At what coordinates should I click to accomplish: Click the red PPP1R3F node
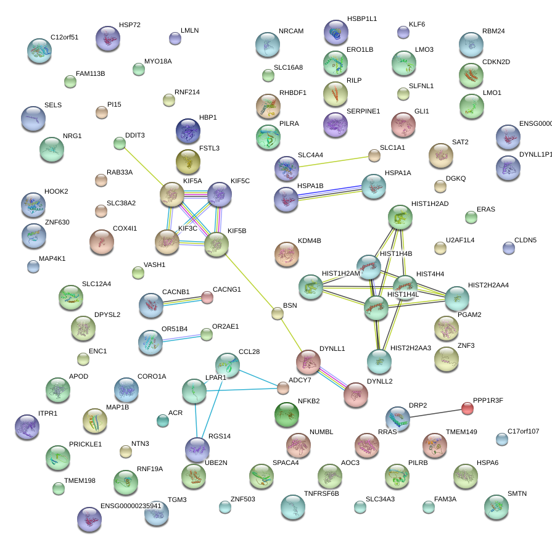(468, 408)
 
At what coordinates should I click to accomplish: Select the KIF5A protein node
(173, 194)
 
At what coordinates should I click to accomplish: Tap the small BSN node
(278, 313)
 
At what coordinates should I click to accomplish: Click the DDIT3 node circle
(120, 144)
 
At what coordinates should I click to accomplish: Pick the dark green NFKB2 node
(286, 414)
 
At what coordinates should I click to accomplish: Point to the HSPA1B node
(286, 199)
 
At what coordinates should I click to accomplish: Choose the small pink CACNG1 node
(207, 298)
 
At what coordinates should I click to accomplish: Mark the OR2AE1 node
(207, 334)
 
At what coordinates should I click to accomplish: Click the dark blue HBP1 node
(188, 131)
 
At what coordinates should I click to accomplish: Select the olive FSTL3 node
(188, 162)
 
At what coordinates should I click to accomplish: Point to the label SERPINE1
(363, 112)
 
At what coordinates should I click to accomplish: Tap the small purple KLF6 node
(403, 32)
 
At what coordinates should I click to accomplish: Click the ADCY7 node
(283, 387)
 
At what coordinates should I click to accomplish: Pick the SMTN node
(496, 506)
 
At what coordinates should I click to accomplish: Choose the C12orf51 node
(40, 51)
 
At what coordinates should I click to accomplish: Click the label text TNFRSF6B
(321, 493)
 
